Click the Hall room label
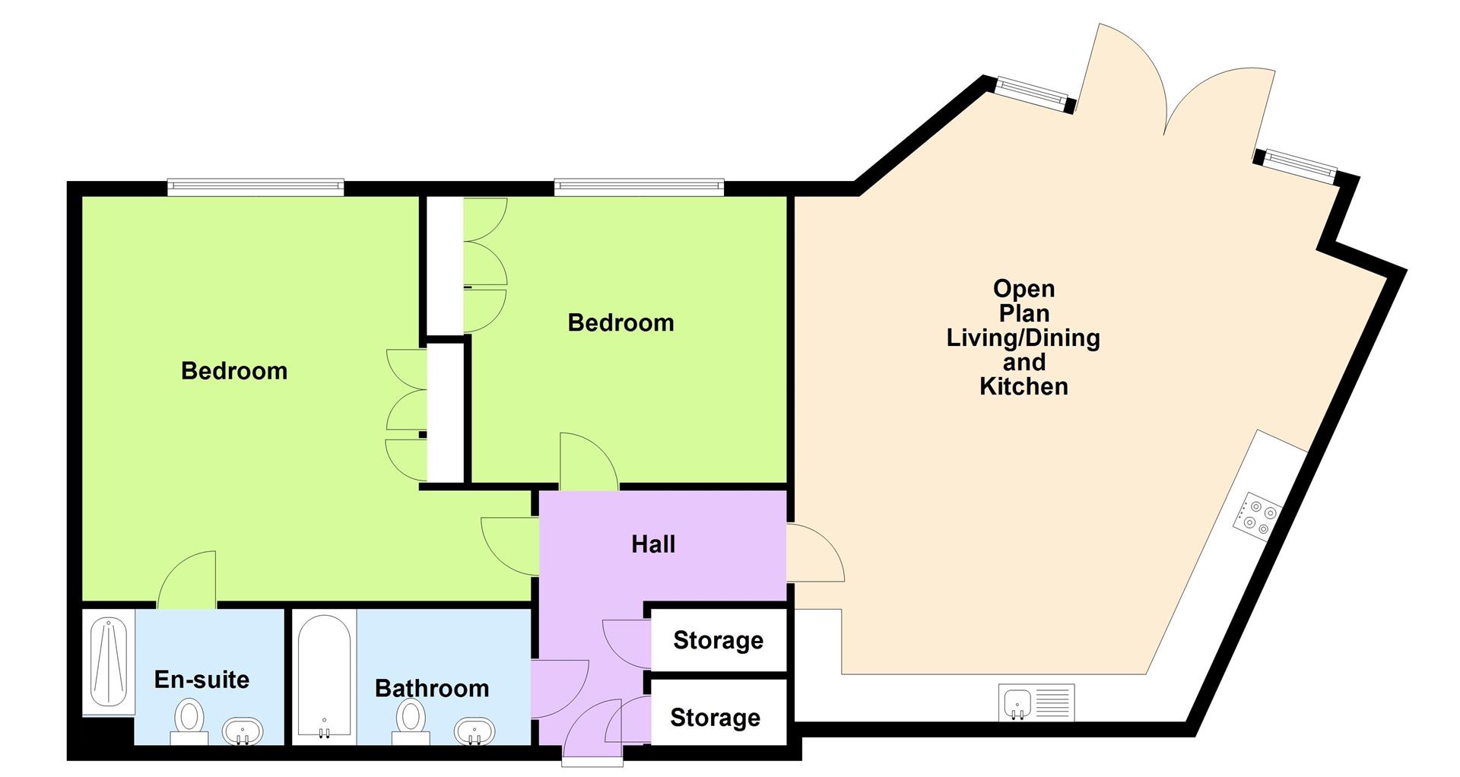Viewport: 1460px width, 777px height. (653, 544)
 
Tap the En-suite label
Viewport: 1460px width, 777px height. (202, 679)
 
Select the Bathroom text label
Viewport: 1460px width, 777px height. (432, 688)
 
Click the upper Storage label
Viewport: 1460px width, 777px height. (718, 640)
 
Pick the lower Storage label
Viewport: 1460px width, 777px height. (715, 718)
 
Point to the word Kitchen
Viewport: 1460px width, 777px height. (1024, 386)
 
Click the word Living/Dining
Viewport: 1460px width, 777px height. (1023, 338)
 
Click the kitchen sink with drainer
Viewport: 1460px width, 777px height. (1036, 702)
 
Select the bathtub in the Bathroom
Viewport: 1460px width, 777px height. (324, 677)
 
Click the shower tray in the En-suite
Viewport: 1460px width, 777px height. (109, 662)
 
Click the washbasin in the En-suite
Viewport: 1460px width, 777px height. (243, 731)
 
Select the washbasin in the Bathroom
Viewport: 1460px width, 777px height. (475, 731)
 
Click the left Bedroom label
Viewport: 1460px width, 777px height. (234, 371)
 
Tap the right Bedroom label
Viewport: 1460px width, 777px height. (620, 322)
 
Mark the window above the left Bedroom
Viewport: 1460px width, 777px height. (255, 186)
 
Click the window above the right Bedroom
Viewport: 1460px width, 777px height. (639, 186)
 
